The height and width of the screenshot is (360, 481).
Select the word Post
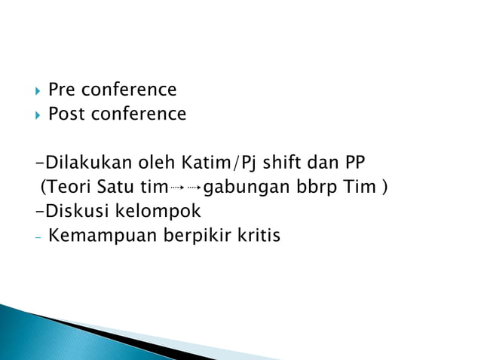(66, 114)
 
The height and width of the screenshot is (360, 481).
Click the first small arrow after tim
(178, 188)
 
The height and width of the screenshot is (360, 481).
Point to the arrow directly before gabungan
(195, 188)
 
